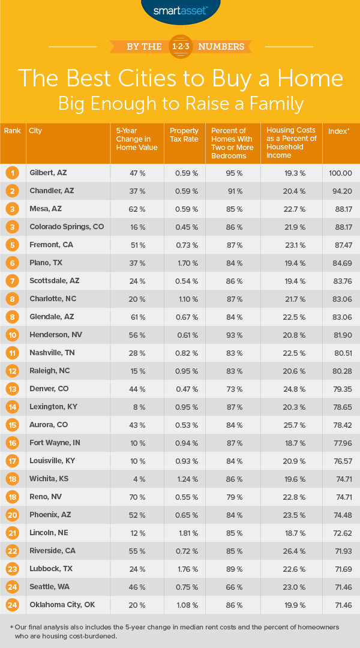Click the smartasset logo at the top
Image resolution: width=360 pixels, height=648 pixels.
pyautogui.click(x=180, y=11)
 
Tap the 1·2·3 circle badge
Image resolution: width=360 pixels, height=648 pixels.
pyautogui.click(x=180, y=46)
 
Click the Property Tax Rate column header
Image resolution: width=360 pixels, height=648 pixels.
pyautogui.click(x=184, y=134)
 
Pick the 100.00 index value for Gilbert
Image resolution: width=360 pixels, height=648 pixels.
pyautogui.click(x=338, y=173)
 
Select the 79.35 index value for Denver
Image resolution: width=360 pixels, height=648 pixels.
pyautogui.click(x=338, y=389)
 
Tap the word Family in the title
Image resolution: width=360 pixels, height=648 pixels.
pyautogui.click(x=272, y=103)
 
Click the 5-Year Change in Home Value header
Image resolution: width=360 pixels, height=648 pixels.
pyautogui.click(x=136, y=139)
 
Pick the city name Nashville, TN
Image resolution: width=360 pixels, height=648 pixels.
pyautogui.click(x=53, y=353)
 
